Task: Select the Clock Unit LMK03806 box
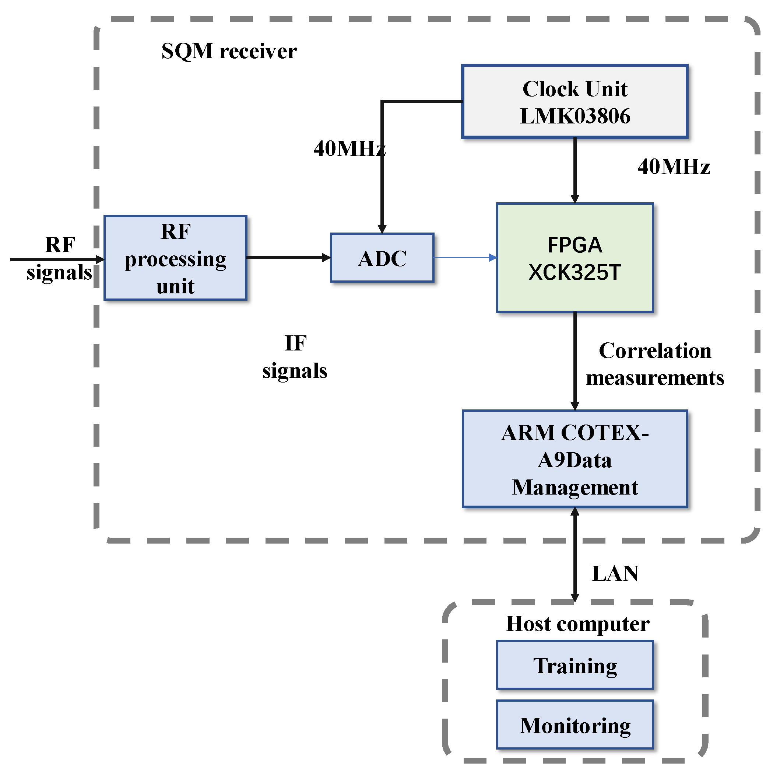pos(575,102)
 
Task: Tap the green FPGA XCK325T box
pos(575,258)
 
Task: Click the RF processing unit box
pos(175,258)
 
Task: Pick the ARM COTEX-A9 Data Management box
pos(575,459)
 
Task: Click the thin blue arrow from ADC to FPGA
pos(465,258)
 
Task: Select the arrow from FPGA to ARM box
pos(575,361)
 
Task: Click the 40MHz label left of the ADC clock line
pos(349,149)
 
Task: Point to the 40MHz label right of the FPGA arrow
pos(674,167)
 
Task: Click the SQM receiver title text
pos(229,51)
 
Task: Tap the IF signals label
pos(295,357)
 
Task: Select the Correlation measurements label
pos(655,364)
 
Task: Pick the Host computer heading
pos(577,624)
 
